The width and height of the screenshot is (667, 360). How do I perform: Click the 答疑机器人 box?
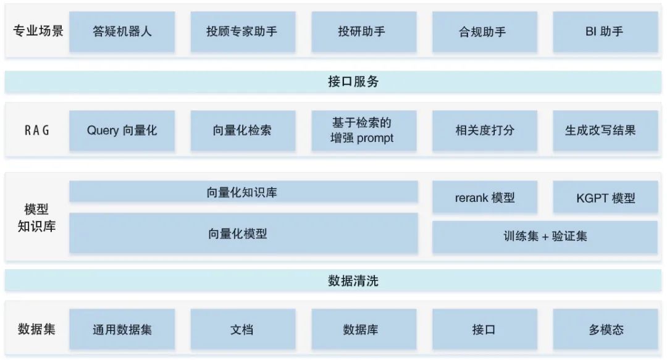click(x=122, y=31)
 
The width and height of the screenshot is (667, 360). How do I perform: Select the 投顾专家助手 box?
click(x=242, y=31)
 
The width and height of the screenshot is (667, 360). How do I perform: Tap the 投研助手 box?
click(x=363, y=31)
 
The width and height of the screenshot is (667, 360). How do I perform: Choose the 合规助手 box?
click(x=484, y=31)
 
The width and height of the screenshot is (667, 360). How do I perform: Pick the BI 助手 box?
click(x=605, y=31)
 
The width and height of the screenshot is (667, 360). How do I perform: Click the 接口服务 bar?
click(x=333, y=82)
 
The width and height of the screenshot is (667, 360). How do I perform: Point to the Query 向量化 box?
click(x=122, y=130)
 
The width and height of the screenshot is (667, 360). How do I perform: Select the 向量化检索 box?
click(x=242, y=130)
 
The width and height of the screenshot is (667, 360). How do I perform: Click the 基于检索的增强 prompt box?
click(x=363, y=130)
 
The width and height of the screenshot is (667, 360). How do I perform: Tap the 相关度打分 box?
click(x=484, y=130)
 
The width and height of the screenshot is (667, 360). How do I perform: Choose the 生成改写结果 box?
click(x=605, y=130)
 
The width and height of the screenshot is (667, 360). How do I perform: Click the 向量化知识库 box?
click(x=243, y=192)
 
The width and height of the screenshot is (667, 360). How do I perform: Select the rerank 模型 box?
click(x=484, y=198)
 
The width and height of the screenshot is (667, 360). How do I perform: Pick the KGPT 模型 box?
click(x=605, y=198)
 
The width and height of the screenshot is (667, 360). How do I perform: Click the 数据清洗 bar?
click(x=333, y=281)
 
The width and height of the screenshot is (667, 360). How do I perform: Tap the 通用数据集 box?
click(x=122, y=330)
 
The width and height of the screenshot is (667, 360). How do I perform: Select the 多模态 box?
click(x=605, y=330)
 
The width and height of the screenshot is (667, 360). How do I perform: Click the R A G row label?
click(x=37, y=130)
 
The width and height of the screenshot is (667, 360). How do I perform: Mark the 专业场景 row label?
click(x=38, y=31)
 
